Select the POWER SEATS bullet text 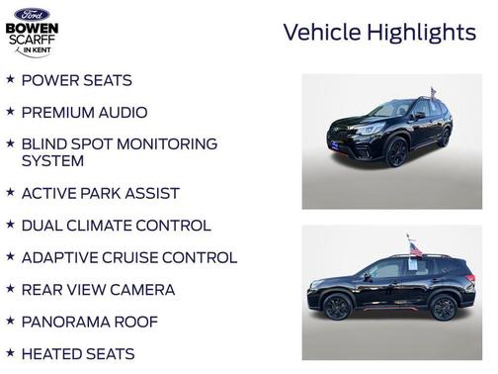[x=76, y=80]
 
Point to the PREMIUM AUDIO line [x=84, y=113]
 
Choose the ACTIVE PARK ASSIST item [x=100, y=193]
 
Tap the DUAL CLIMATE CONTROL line [x=116, y=226]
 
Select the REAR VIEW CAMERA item [x=98, y=290]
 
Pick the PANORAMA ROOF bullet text [x=89, y=322]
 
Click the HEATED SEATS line [x=78, y=353]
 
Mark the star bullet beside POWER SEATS [x=10, y=79]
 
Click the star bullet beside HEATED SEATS [x=10, y=352]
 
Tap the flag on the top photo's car [x=432, y=93]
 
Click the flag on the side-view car [x=415, y=248]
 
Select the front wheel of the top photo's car [x=396, y=152]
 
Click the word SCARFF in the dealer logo [x=32, y=41]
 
